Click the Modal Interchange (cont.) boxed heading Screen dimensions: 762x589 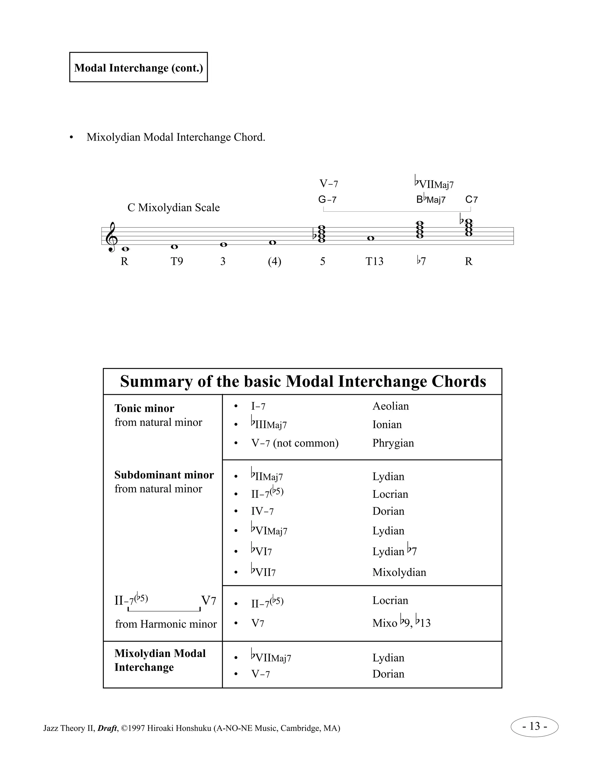pyautogui.click(x=139, y=67)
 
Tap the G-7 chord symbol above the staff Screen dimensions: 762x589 pyautogui.click(x=327, y=200)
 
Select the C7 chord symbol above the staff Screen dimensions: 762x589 pyautogui.click(x=471, y=200)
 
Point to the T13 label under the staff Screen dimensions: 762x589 pyautogui.click(x=374, y=261)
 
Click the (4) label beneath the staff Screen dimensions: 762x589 pyautogui.click(x=274, y=261)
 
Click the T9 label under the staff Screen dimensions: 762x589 pyautogui.click(x=177, y=261)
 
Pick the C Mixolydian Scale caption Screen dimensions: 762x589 pyautogui.click(x=173, y=208)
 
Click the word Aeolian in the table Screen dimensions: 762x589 pyautogui.click(x=391, y=406)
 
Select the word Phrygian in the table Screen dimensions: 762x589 pyautogui.click(x=393, y=443)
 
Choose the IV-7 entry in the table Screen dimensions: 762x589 pyautogui.click(x=262, y=512)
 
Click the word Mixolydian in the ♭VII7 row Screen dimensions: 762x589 pyautogui.click(x=399, y=572)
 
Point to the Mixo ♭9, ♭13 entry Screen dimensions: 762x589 pyautogui.click(x=401, y=623)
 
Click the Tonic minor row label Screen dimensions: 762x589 pyautogui.click(x=144, y=408)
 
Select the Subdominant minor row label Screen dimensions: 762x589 pyautogui.click(x=164, y=475)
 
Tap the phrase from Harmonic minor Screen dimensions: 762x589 pyautogui.click(x=166, y=624)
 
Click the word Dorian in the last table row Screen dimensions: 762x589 pyautogui.click(x=388, y=674)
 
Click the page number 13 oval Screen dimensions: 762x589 pyautogui.click(x=534, y=726)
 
